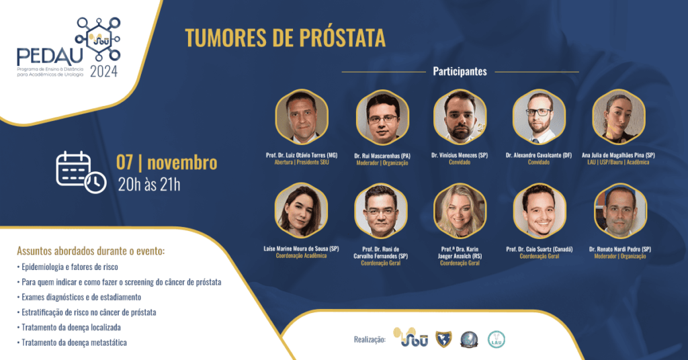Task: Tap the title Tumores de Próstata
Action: coord(285,38)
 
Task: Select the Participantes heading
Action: coord(460,71)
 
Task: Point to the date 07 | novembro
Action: coord(167,163)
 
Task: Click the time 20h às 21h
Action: coord(149,184)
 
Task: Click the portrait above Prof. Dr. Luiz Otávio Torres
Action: coord(301,116)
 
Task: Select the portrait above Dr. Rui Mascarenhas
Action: coord(382,116)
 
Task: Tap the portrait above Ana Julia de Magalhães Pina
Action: coord(617,116)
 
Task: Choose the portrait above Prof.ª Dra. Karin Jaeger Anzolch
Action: coord(460,211)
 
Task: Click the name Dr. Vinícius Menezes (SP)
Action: coord(460,155)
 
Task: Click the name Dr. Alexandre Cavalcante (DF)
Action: coord(538,155)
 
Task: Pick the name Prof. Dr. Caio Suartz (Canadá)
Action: coord(539,249)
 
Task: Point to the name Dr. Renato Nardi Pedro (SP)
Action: coord(620,249)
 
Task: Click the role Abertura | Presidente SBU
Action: coord(301,163)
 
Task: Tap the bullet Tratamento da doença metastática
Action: coord(75,343)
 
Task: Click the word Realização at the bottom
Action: coord(370,340)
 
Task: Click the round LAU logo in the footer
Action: coord(497,339)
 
